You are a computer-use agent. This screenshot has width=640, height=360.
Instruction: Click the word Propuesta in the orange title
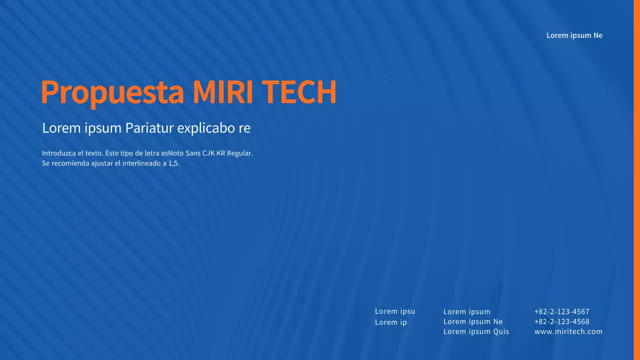click(x=112, y=92)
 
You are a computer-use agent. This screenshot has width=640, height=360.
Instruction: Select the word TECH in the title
click(x=298, y=92)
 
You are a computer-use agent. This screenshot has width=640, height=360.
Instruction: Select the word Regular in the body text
click(x=240, y=153)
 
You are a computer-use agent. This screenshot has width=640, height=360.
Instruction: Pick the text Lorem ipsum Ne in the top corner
click(x=574, y=35)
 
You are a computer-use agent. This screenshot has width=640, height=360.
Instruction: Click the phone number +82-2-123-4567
click(x=561, y=311)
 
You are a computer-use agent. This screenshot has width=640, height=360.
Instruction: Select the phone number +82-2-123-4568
click(x=561, y=321)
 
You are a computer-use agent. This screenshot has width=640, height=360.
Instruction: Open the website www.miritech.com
click(x=568, y=331)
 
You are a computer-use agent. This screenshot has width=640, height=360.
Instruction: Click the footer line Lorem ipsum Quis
click(x=476, y=331)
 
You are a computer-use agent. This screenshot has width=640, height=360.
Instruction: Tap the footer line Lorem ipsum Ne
click(x=473, y=321)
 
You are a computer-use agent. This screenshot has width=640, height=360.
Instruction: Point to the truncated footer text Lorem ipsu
click(x=395, y=311)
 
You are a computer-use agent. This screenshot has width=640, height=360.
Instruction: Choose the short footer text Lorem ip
click(x=391, y=322)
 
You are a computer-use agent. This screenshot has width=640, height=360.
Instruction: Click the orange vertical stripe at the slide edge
click(x=637, y=180)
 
